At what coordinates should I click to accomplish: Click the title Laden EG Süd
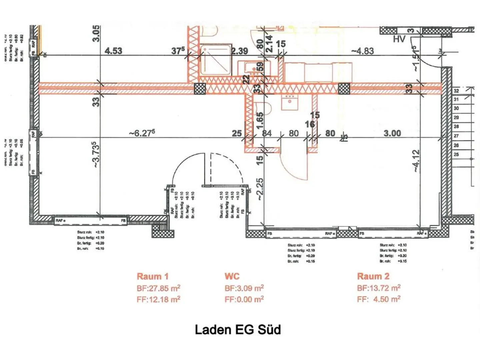(238, 329)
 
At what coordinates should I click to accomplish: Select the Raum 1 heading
(153, 276)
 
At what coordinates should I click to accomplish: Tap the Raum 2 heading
(373, 276)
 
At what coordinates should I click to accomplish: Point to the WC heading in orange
(232, 276)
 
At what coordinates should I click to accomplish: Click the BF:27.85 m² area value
(158, 288)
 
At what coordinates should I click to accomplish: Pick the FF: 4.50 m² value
(379, 299)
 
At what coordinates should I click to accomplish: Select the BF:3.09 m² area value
(244, 288)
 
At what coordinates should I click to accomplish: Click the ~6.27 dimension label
(142, 133)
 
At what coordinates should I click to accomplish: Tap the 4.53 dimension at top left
(113, 51)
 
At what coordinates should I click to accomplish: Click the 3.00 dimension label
(392, 133)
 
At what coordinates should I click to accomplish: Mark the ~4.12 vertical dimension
(416, 161)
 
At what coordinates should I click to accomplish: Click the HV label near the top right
(399, 39)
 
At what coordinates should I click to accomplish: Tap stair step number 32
(456, 91)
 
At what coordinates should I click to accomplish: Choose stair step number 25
(456, 155)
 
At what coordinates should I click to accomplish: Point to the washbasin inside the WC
(290, 102)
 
